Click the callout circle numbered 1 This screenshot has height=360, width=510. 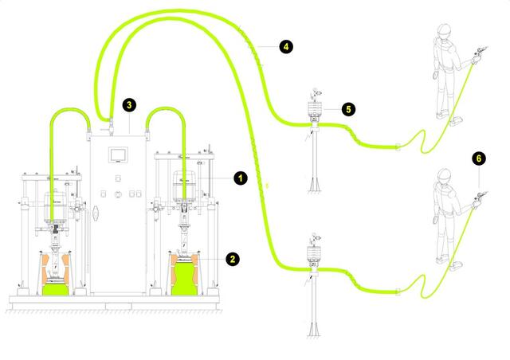[x=238, y=178]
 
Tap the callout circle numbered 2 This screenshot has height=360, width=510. [x=232, y=258]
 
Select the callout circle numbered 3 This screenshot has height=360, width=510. [x=128, y=104]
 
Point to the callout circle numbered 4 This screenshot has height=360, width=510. [x=286, y=47]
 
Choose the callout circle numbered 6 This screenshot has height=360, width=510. [x=478, y=158]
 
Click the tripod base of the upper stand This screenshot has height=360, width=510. [x=315, y=185]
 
